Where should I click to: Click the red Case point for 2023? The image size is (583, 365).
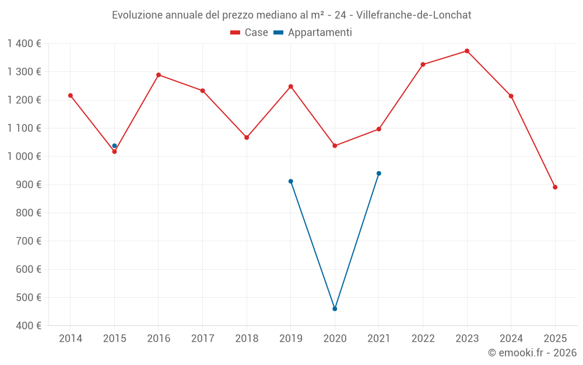(x=467, y=51)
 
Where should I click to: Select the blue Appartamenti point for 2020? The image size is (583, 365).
(x=335, y=308)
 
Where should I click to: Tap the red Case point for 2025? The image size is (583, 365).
(x=555, y=187)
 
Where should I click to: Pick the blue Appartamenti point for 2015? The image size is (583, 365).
(x=114, y=146)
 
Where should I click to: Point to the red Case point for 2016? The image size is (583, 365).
(x=159, y=75)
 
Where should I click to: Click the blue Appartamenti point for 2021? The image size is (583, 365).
(x=379, y=173)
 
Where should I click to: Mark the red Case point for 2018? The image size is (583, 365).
(x=247, y=137)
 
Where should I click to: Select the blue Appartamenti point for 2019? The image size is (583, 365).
(x=291, y=181)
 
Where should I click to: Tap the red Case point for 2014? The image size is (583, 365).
(x=71, y=95)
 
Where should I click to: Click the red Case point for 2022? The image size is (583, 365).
(x=423, y=64)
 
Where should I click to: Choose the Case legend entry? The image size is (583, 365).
(x=250, y=33)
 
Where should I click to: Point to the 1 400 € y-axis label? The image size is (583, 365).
(x=24, y=44)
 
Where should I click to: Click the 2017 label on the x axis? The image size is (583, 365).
(x=202, y=339)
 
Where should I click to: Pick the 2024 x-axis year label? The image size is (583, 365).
(x=511, y=339)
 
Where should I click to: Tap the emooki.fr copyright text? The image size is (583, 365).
(x=532, y=353)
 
